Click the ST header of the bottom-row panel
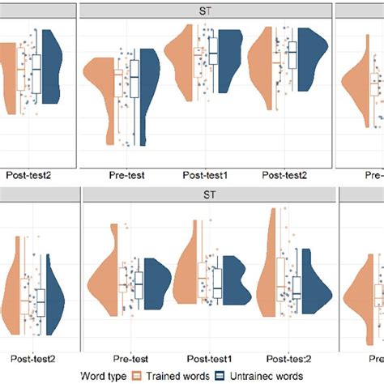pyautogui.click(x=209, y=195)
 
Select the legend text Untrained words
pyautogui.click(x=267, y=376)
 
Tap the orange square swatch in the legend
pyautogui.click(x=137, y=376)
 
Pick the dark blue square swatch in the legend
pyautogui.click(x=220, y=376)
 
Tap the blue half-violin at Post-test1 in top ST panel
pyautogui.click(x=233, y=55)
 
